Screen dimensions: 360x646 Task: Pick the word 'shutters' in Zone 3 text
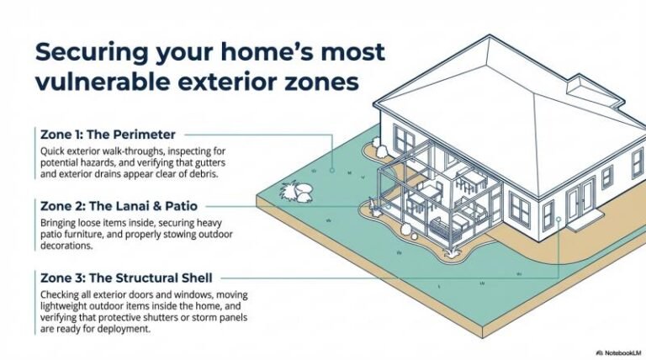point(177,320)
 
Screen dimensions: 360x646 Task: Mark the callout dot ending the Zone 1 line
point(333,169)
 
